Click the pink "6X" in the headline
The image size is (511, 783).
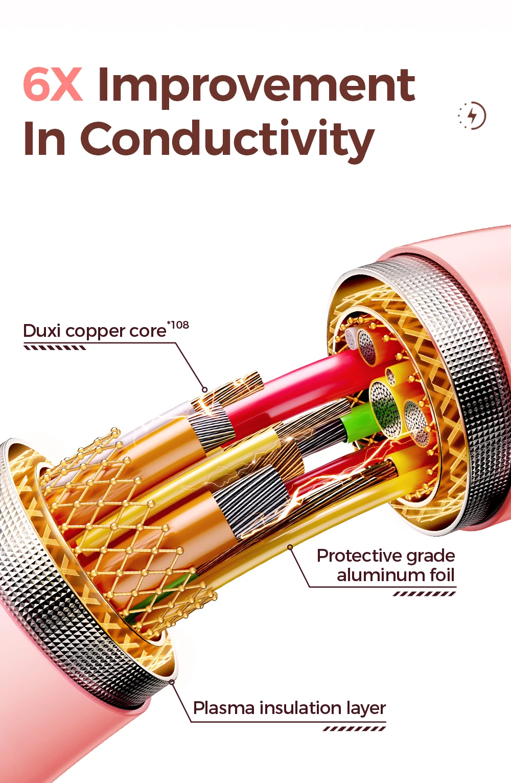53,85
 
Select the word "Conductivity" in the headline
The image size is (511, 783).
227,139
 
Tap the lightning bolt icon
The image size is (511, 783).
473,116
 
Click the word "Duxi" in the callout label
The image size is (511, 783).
42,331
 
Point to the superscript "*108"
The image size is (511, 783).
178,325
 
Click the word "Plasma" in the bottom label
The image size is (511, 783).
224,708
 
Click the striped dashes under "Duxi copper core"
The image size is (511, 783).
55,348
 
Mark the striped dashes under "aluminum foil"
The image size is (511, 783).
424,593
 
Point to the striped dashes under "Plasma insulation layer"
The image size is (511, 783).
354,729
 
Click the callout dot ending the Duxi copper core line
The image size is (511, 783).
204,390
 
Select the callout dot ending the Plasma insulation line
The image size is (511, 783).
172,682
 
